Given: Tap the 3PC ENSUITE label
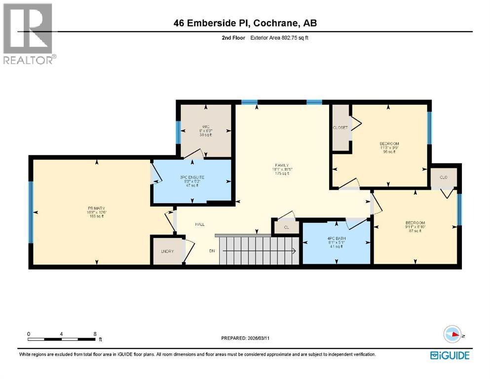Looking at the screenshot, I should [192, 177].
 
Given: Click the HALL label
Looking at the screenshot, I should [199, 225].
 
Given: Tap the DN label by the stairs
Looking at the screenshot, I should [212, 251].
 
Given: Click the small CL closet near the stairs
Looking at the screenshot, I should [286, 227].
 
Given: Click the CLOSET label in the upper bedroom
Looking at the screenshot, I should [340, 128].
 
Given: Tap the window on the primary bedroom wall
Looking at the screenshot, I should [31, 212].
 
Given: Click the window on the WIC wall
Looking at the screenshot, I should [178, 132].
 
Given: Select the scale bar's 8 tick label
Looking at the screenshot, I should [95, 334].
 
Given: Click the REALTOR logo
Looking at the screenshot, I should [29, 34].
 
